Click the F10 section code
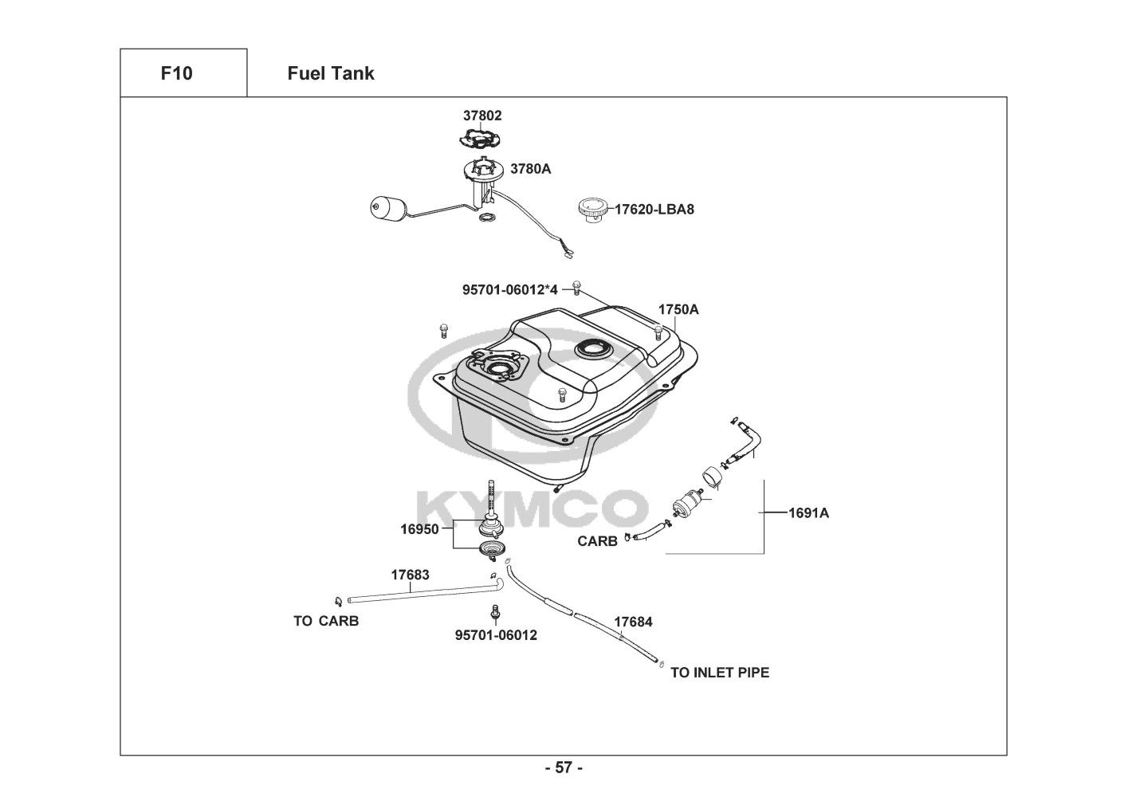pos(176,73)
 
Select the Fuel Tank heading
pos(330,73)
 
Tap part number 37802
pos(483,116)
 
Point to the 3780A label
pos(530,169)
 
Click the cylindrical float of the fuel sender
pos(387,208)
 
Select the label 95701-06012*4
pos(510,290)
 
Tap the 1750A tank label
pos(678,309)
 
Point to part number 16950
pos(419,528)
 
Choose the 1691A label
pos(808,513)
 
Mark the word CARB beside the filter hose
pos(597,542)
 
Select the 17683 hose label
pos(410,575)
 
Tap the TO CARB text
pos(326,621)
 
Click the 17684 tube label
pos(633,622)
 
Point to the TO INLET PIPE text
pos(719,673)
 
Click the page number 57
pos(564,768)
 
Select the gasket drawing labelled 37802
pos(482,139)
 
